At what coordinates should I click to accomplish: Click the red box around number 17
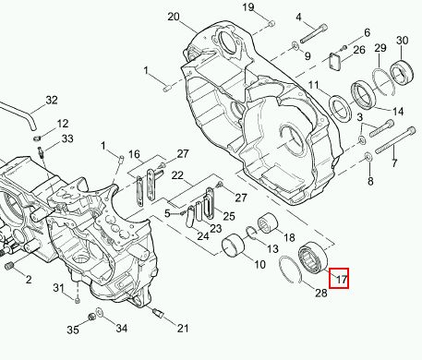click(x=339, y=278)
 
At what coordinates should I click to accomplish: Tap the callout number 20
click(x=174, y=17)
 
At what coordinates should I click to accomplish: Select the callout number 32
click(x=52, y=100)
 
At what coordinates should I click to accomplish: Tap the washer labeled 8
click(x=368, y=157)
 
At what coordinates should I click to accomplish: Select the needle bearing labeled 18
click(x=268, y=225)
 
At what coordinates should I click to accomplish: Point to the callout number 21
click(x=183, y=329)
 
